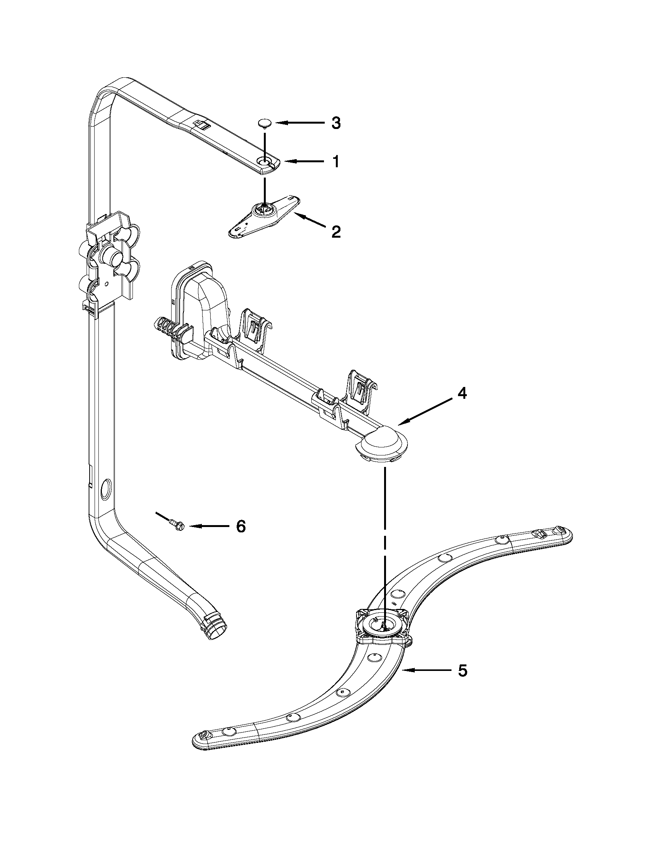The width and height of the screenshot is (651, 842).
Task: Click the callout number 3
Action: (x=336, y=123)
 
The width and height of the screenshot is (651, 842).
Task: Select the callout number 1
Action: (x=336, y=162)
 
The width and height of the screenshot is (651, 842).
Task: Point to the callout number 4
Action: (x=462, y=393)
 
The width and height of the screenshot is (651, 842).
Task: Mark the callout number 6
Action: (x=240, y=526)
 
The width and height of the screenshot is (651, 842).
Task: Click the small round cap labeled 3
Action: (x=265, y=123)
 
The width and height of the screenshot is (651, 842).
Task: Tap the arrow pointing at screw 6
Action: (x=208, y=526)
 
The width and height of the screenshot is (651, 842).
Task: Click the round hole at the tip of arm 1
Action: (x=264, y=162)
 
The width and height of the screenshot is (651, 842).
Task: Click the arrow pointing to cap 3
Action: (x=300, y=123)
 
